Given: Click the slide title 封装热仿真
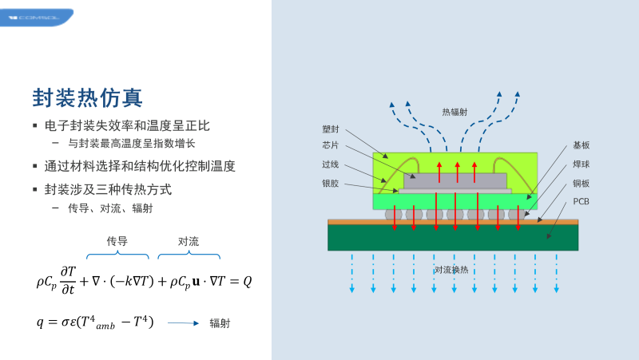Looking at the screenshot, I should [88, 98].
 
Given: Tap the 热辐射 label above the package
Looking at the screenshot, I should [454, 113].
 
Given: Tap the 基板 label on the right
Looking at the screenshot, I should [581, 145].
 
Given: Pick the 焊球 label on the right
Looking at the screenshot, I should [581, 164].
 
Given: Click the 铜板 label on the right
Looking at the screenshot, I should [581, 183].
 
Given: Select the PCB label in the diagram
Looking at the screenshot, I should [581, 201].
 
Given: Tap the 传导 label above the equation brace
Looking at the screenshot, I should [117, 240].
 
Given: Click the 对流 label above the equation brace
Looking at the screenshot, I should [189, 240].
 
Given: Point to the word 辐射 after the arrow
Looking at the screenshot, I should [220, 323].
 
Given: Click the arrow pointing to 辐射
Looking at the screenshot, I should [183, 323].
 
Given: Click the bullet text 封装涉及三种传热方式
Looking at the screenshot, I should [109, 190].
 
